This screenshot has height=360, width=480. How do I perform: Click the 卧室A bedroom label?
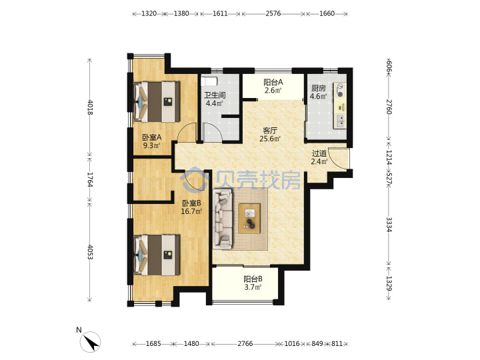tap(151, 137)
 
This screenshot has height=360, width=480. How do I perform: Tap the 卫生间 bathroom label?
tap(215, 95)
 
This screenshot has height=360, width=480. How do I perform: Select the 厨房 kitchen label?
tap(319, 88)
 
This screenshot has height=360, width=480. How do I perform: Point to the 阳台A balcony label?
tap(273, 82)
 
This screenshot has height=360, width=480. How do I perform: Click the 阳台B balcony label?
tap(253, 279)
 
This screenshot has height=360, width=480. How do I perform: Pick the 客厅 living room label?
tap(270, 131)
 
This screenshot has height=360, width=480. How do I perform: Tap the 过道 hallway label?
tap(319, 153)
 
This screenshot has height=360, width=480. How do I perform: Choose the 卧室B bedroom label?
tap(191, 203)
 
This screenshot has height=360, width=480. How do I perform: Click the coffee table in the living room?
tap(249, 218)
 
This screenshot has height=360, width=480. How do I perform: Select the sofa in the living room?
tap(223, 219)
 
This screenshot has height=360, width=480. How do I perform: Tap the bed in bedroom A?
tap(157, 101)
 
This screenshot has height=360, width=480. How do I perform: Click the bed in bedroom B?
tap(157, 255)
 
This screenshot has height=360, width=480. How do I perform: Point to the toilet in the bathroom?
tap(209, 81)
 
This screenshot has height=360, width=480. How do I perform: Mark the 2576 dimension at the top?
tap(273, 13)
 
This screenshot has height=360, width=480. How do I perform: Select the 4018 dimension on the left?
tap(90, 107)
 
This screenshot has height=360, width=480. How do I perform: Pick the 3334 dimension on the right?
tap(389, 225)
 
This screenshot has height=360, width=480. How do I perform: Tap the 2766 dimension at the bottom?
tap(245, 344)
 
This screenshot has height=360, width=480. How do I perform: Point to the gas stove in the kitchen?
tap(340, 91)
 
